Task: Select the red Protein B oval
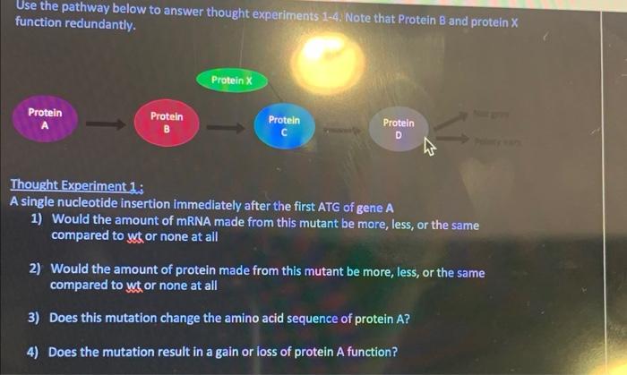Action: click(x=167, y=124)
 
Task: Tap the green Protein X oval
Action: click(x=232, y=81)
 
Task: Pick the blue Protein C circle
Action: click(x=284, y=126)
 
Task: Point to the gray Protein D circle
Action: click(x=399, y=130)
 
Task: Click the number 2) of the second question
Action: click(x=34, y=268)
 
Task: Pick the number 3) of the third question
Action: click(x=33, y=318)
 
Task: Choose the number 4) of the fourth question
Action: click(x=33, y=352)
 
